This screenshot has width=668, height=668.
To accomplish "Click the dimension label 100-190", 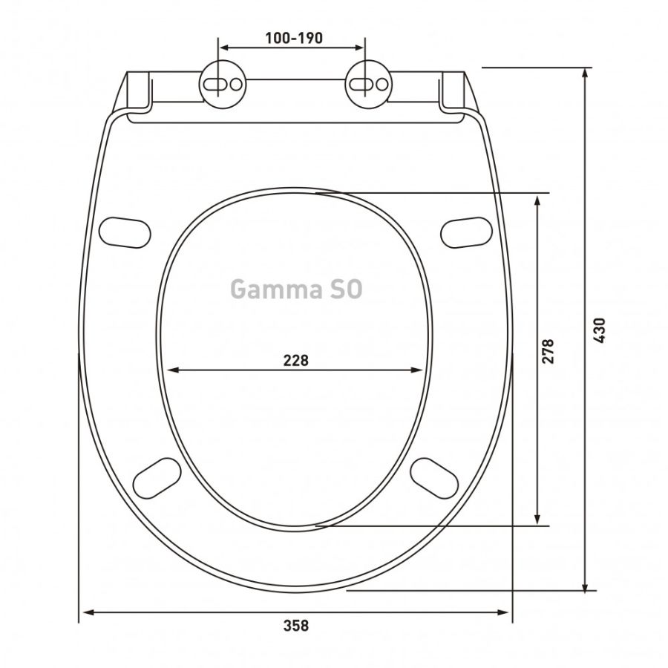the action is pyautogui.click(x=294, y=39).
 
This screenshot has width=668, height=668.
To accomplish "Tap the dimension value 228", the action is pyautogui.click(x=296, y=361).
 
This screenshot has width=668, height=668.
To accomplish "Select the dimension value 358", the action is pyautogui.click(x=296, y=626).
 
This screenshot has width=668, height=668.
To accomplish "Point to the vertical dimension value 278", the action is pyautogui.click(x=549, y=351).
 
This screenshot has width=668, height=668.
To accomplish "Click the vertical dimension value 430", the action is pyautogui.click(x=599, y=330).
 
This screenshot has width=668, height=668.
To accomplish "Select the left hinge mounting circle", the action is pyautogui.click(x=223, y=85).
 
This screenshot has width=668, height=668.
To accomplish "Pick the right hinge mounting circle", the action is pyautogui.click(x=369, y=85).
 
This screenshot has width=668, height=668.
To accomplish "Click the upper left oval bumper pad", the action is pyautogui.click(x=125, y=233).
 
